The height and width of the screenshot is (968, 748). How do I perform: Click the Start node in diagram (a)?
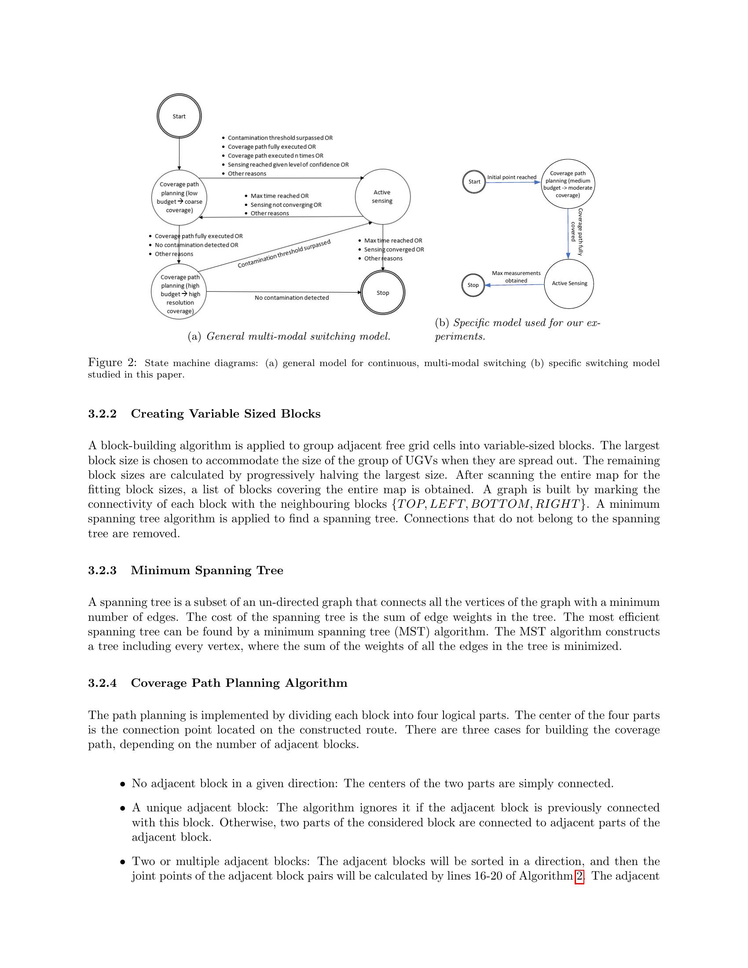179,116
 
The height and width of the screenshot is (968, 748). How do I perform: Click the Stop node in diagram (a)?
382,293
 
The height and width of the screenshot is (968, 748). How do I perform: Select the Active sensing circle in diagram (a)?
382,196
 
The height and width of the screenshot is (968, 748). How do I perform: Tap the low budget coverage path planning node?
179,197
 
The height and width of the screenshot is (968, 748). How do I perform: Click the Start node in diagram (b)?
474,182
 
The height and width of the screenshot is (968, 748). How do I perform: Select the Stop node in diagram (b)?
473,285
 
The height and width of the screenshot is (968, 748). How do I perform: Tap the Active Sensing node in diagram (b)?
569,284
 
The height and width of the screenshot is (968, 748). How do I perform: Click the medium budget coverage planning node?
568,184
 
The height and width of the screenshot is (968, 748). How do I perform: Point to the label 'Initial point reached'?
511,177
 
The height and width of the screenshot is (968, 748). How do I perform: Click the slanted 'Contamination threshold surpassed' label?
284,254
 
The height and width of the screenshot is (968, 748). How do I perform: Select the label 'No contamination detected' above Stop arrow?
292,298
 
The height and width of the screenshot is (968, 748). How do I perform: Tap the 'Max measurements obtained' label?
516,277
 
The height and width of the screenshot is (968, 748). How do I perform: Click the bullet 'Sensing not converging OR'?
286,205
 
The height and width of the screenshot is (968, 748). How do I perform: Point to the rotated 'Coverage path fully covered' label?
576,232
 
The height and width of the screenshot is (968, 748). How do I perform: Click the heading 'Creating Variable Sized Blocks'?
226,414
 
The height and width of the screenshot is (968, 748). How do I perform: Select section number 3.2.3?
102,570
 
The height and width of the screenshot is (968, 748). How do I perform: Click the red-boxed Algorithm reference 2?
579,876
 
